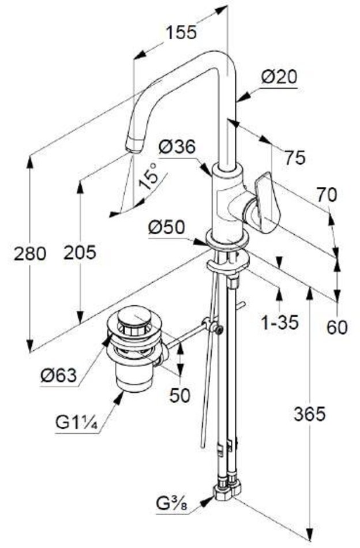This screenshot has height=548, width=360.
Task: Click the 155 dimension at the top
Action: click(181, 32)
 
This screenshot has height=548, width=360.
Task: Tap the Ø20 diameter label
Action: click(279, 77)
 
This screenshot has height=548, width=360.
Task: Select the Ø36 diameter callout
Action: click(178, 148)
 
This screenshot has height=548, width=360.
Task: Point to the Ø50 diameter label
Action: click(166, 228)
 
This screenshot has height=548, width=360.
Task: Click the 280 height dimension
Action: click(31, 253)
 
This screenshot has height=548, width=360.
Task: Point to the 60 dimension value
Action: click(337, 327)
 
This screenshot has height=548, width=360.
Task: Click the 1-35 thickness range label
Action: click(279, 322)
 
